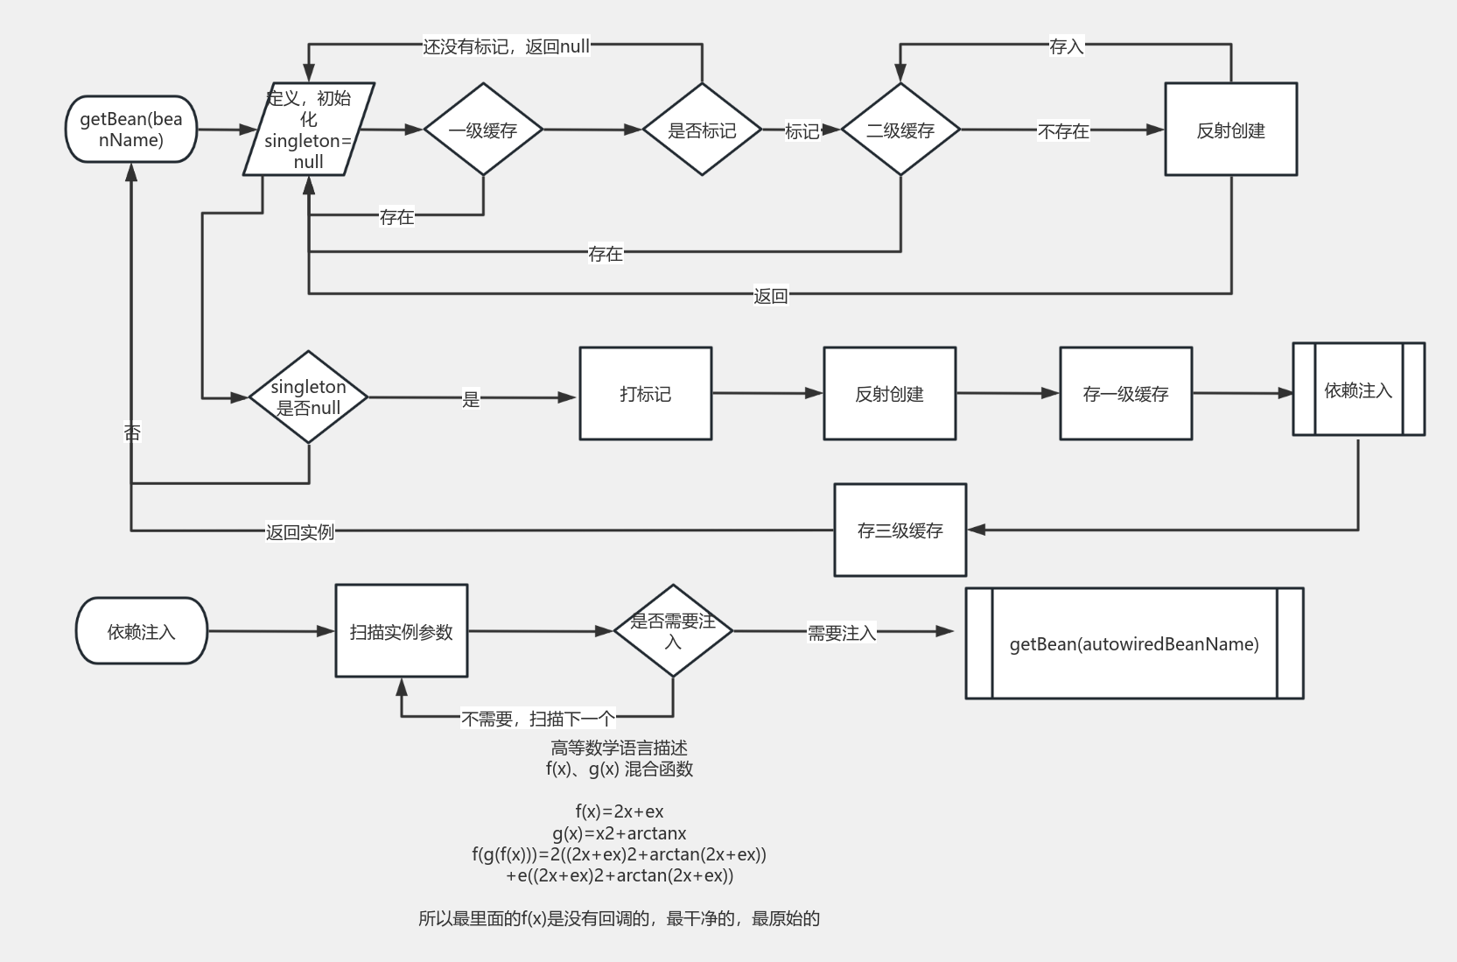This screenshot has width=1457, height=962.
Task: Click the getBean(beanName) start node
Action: pos(131,130)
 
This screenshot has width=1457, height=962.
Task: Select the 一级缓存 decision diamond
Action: pos(483,130)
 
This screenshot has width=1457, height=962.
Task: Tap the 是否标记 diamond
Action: pos(702,130)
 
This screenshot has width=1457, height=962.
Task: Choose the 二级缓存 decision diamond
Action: pos(900,130)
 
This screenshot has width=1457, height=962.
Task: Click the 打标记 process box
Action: pos(646,394)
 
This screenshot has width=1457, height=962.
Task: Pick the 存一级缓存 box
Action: pos(1125,394)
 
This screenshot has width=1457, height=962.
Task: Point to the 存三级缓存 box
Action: pos(900,530)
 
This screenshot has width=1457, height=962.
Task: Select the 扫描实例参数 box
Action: pos(402,631)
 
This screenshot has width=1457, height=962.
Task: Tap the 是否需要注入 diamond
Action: pos(673,631)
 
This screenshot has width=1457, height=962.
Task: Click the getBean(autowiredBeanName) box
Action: pos(1134,643)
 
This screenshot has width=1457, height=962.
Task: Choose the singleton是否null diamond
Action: pos(308,397)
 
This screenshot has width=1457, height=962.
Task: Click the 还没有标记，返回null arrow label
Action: pos(507,46)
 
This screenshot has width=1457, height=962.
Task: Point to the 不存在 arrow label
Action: pos(1063,131)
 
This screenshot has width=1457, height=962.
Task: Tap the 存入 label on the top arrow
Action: pos(1066,46)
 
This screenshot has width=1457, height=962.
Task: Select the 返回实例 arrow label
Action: pos(300,531)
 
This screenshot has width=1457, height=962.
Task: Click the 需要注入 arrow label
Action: pos(841,633)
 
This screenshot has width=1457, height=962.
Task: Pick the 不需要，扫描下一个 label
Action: pos(538,719)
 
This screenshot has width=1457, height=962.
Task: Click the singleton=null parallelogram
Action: pos(309,130)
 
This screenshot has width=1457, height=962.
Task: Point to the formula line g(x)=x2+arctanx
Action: pos(619,833)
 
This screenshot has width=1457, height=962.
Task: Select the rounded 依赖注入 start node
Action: pos(142,631)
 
